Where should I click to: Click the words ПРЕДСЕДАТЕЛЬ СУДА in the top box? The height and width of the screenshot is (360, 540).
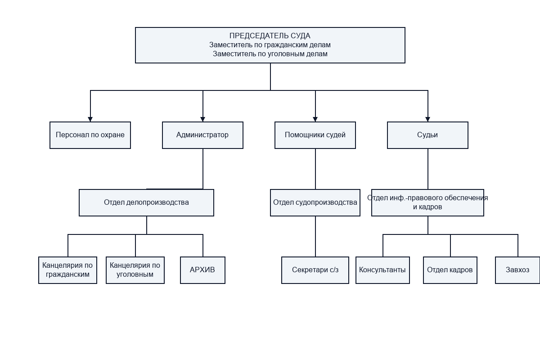[270, 36]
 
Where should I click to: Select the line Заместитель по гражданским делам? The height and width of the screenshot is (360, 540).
[270, 45]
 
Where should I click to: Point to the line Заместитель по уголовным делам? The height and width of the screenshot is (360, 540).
[270, 54]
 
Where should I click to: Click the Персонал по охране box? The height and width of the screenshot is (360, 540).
[90, 135]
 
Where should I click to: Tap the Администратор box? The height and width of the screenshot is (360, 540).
[202, 135]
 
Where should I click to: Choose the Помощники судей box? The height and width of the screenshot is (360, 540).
[315, 135]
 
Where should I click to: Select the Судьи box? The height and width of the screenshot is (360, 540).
[427, 135]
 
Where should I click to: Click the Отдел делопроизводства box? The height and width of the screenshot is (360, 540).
[146, 202]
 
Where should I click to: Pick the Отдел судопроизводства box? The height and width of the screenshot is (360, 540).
[315, 202]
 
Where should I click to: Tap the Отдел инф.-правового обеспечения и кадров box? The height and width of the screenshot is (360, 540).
[427, 202]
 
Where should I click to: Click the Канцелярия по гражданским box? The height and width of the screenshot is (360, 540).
[67, 270]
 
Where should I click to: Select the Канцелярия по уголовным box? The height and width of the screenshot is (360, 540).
[135, 270]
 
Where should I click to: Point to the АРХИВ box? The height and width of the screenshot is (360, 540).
[202, 270]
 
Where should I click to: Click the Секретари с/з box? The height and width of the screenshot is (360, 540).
[315, 270]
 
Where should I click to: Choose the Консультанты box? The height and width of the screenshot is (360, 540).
[382, 270]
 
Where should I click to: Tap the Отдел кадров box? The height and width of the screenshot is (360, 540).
[450, 270]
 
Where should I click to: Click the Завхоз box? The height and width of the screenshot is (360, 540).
[517, 270]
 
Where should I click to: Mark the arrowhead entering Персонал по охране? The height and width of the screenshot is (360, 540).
[90, 119]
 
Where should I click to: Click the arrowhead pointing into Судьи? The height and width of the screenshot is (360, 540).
[427, 119]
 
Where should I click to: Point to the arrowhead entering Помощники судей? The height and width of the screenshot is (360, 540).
[315, 119]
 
